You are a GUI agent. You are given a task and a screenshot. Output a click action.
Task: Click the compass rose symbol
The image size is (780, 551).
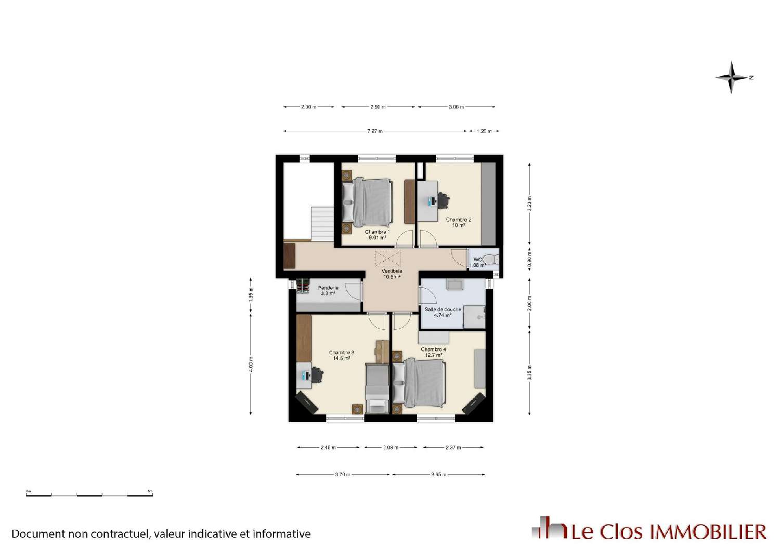[732, 77]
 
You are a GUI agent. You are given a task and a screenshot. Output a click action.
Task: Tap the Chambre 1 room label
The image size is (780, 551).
[377, 235]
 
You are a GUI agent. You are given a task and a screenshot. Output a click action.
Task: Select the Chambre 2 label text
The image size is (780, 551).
[458, 222]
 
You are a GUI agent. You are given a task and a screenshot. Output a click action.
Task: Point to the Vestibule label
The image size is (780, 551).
[392, 274]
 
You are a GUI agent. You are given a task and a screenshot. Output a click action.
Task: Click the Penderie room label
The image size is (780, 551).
[328, 290]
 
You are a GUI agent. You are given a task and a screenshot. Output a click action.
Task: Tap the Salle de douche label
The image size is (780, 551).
[443, 312]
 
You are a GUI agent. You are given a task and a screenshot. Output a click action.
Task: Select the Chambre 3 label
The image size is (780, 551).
[341, 355]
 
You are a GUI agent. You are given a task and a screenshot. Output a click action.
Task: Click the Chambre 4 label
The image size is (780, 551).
[433, 352]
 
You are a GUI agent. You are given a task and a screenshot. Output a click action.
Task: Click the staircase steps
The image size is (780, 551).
[322, 223]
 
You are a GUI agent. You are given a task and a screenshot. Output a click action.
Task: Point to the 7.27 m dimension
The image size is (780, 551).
[375, 131]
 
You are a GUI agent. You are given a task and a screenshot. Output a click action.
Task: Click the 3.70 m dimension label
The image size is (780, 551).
[342, 474]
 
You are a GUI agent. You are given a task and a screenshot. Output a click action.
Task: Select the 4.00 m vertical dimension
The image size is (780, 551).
[251, 366]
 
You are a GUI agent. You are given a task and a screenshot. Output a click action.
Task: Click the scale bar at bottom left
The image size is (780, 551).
[89, 494]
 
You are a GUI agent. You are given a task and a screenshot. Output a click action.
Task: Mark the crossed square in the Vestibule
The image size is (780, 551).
[388, 259]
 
